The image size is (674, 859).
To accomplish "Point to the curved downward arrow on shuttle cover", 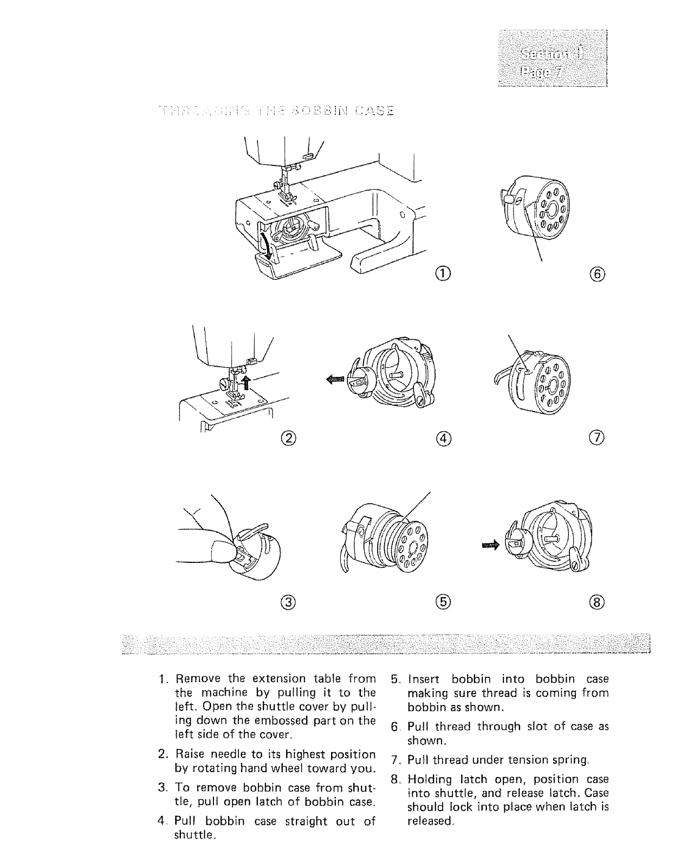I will (264, 241).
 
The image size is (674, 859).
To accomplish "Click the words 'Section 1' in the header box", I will (553, 53).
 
